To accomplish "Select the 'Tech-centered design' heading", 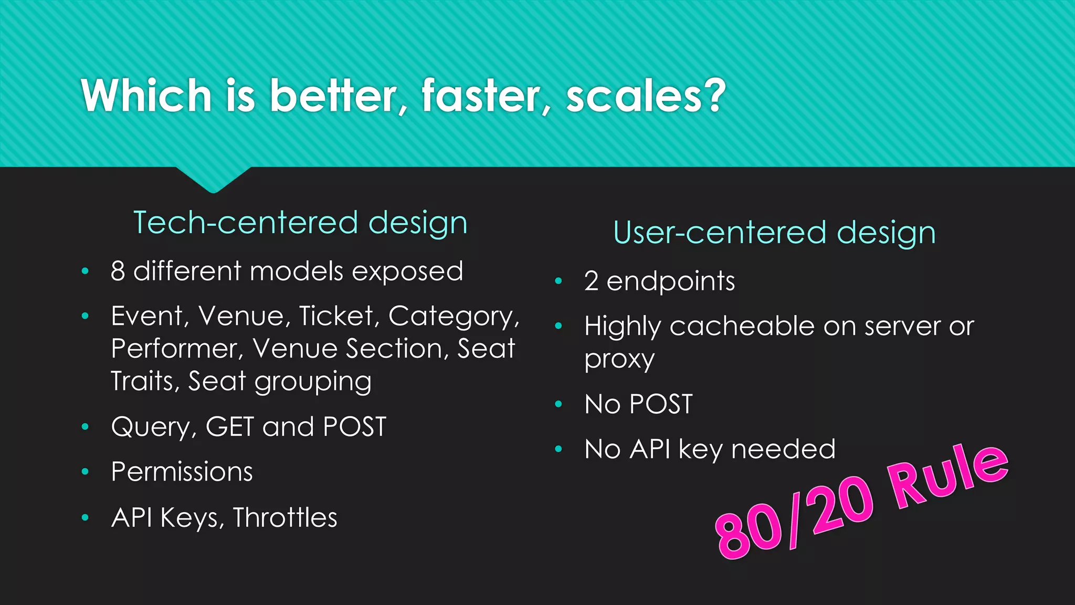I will pos(300,223).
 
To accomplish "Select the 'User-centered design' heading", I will pos(774,233).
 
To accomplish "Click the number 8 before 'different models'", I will pos(118,272).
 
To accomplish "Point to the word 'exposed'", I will pos(407,272).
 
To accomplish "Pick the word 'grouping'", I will pos(313,382).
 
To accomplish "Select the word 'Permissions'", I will pos(182,472).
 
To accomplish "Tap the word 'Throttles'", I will pos(285,518).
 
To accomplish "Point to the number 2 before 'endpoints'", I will pos(592,281).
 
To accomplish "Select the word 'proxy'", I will pos(619,360).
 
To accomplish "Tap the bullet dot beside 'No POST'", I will pos(558,404).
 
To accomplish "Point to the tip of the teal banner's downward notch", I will pos(213,191).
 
